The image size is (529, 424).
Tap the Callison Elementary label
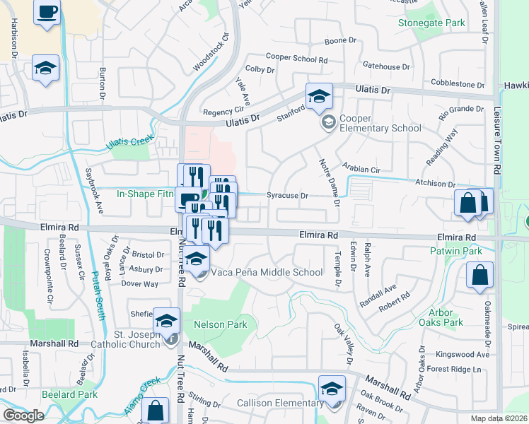point(280,404)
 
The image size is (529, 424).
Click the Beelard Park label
point(69,394)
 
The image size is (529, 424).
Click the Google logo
point(23,416)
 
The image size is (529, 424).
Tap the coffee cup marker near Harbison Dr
point(47,13)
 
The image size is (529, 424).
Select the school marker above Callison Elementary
point(332,389)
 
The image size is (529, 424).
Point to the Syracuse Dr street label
point(288,196)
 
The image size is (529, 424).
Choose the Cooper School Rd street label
point(296,57)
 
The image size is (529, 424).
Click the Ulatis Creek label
point(130,141)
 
